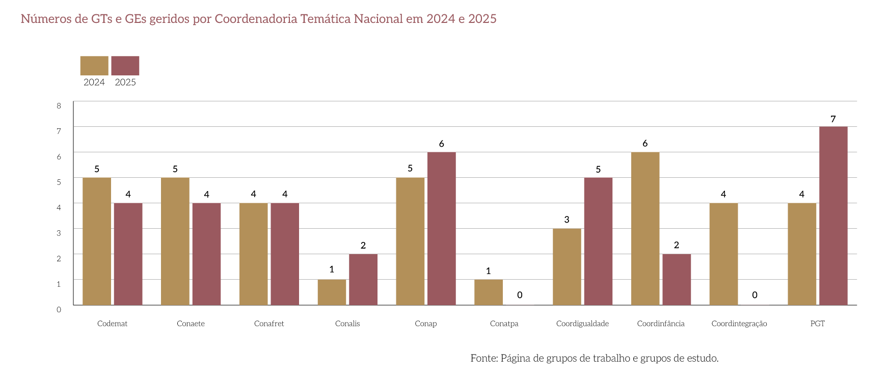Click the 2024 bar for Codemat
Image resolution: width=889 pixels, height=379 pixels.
96,241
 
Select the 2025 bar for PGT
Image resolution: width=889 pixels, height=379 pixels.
833,215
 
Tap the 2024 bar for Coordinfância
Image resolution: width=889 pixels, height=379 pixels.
645,228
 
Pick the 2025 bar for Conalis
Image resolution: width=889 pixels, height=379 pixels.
363,279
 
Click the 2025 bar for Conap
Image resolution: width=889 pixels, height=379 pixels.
441,228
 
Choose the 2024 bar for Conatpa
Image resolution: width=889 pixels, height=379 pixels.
488,292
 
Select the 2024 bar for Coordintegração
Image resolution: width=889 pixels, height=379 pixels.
723,254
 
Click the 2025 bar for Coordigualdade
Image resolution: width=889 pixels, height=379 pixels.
598,241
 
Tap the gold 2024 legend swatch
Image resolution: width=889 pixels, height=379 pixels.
94,66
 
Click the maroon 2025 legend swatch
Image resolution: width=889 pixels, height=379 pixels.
125,66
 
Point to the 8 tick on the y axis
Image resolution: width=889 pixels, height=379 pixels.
59,106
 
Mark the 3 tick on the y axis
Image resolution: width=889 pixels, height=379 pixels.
59,233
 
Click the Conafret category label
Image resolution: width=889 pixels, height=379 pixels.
269,323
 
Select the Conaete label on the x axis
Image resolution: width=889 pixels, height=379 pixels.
191,323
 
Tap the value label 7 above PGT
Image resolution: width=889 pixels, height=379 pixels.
833,119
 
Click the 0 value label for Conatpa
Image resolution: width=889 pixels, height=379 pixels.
520,295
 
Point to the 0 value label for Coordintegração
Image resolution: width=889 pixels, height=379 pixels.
755,295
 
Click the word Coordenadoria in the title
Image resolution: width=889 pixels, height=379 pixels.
256,19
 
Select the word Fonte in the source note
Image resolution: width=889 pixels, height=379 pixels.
483,358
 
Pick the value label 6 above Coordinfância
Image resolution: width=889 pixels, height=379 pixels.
645,144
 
